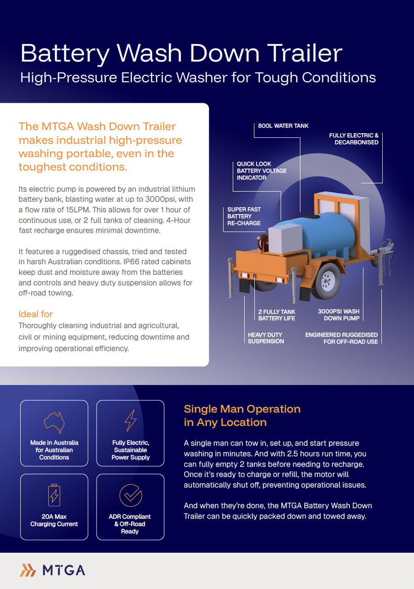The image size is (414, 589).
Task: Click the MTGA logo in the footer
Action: pyautogui.click(x=52, y=570)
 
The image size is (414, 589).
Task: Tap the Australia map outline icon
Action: pyautogui.click(x=54, y=421)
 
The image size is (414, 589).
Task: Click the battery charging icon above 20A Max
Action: pyautogui.click(x=54, y=494)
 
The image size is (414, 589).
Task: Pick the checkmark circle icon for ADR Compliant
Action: pyautogui.click(x=131, y=495)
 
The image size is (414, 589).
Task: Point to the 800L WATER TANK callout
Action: pyautogui.click(x=283, y=126)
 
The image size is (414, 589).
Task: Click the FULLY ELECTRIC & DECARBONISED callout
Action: pyautogui.click(x=354, y=139)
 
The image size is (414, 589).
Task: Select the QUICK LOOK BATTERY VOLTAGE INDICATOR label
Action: pyautogui.click(x=261, y=170)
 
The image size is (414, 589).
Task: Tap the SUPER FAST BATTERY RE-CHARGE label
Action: pyautogui.click(x=244, y=216)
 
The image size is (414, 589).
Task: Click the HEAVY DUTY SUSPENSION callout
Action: pyautogui.click(x=266, y=338)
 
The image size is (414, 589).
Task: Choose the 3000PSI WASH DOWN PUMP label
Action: pyautogui.click(x=339, y=315)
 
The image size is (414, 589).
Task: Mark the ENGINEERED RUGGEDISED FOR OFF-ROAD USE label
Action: pyautogui.click(x=341, y=338)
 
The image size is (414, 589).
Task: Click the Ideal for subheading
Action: pyautogui.click(x=35, y=314)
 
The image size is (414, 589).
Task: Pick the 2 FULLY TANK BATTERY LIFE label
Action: pyautogui.click(x=276, y=315)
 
